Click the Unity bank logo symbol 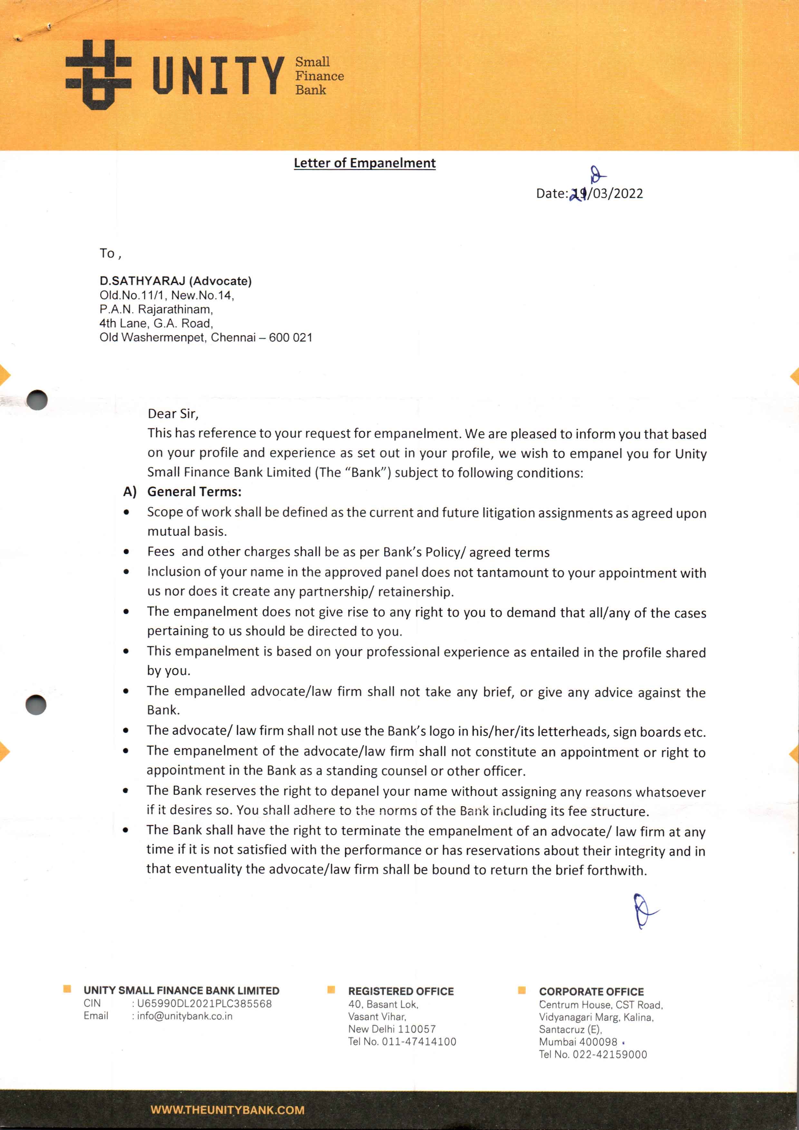[99, 75]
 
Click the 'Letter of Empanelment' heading [364, 163]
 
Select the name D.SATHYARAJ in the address [142, 281]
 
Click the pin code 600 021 [291, 338]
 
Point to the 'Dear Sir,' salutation [173, 414]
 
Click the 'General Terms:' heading [194, 492]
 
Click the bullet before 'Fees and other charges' [127, 552]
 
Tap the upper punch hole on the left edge [37, 400]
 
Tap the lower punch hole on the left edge [36, 705]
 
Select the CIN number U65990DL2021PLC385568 [204, 1003]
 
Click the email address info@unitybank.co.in [185, 1016]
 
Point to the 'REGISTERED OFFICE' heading [401, 991]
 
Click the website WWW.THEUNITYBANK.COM [227, 1110]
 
